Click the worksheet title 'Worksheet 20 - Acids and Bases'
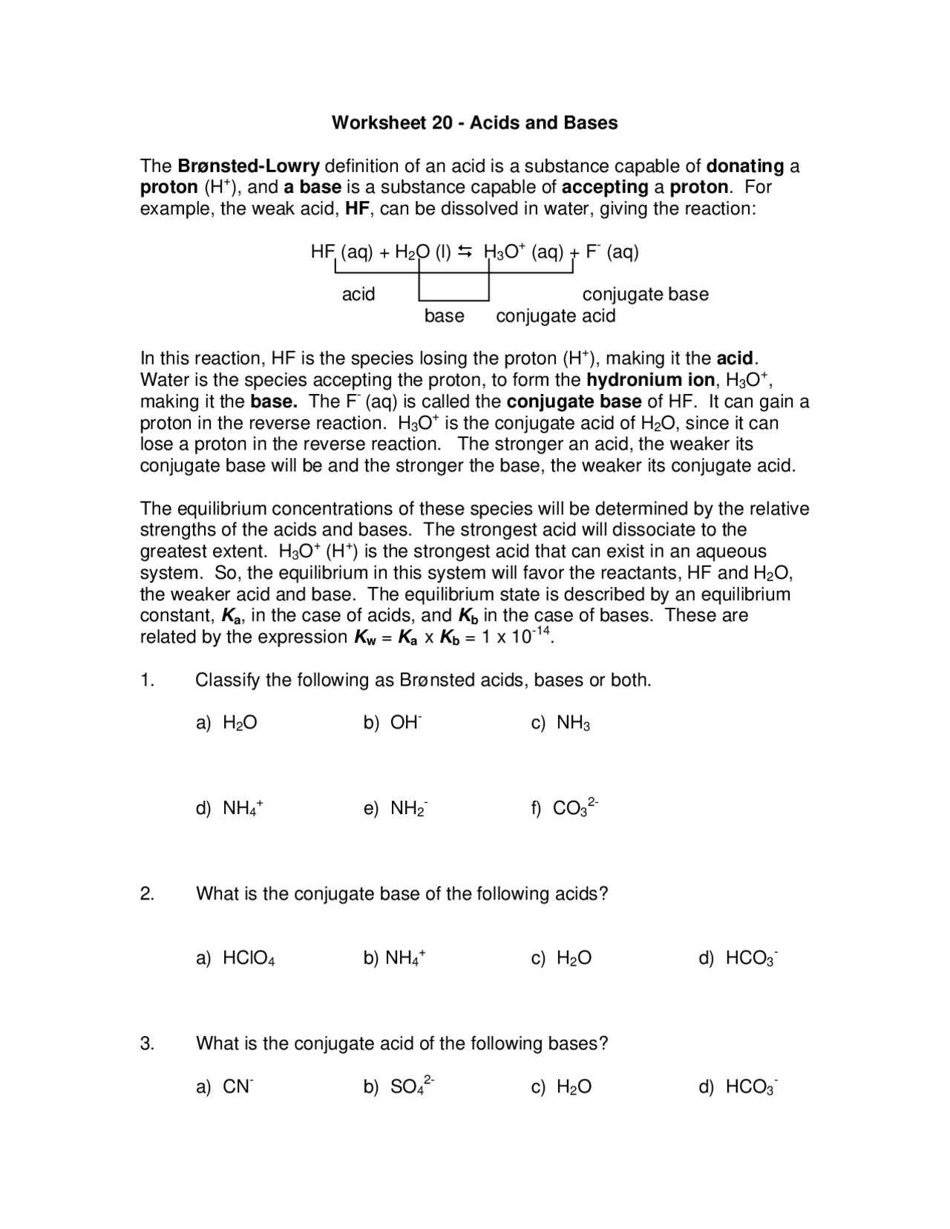[x=474, y=122]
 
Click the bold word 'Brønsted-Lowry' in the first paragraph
[x=249, y=165]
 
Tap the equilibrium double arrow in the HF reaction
[x=465, y=252]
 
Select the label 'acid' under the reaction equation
[x=358, y=295]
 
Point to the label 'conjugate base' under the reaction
[x=645, y=295]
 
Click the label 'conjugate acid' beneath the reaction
[x=555, y=316]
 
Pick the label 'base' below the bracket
[x=444, y=316]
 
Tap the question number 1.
[x=147, y=681]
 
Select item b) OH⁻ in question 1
[x=393, y=723]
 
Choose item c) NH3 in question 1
[x=560, y=723]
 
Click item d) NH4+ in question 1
[x=229, y=807]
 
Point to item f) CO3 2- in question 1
[x=564, y=807]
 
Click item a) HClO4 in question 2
[x=235, y=958]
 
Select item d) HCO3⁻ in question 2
[x=738, y=958]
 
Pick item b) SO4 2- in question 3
[x=399, y=1087]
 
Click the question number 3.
[x=147, y=1043]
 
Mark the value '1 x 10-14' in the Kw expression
[x=517, y=637]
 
